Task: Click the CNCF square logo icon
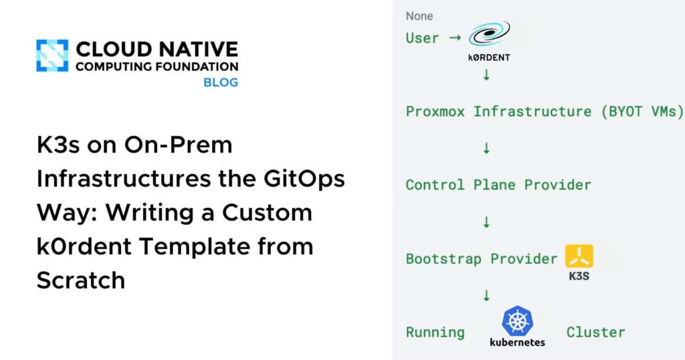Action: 52,56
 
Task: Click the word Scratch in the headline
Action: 80,280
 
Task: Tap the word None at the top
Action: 419,15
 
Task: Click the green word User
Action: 423,37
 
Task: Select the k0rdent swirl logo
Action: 488,33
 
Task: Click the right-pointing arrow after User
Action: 455,37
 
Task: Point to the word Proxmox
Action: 435,111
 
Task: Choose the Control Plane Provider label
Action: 498,185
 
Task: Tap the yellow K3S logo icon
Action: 579,256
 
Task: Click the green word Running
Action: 435,332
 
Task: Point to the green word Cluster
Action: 595,332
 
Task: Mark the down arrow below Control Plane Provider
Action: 486,221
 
